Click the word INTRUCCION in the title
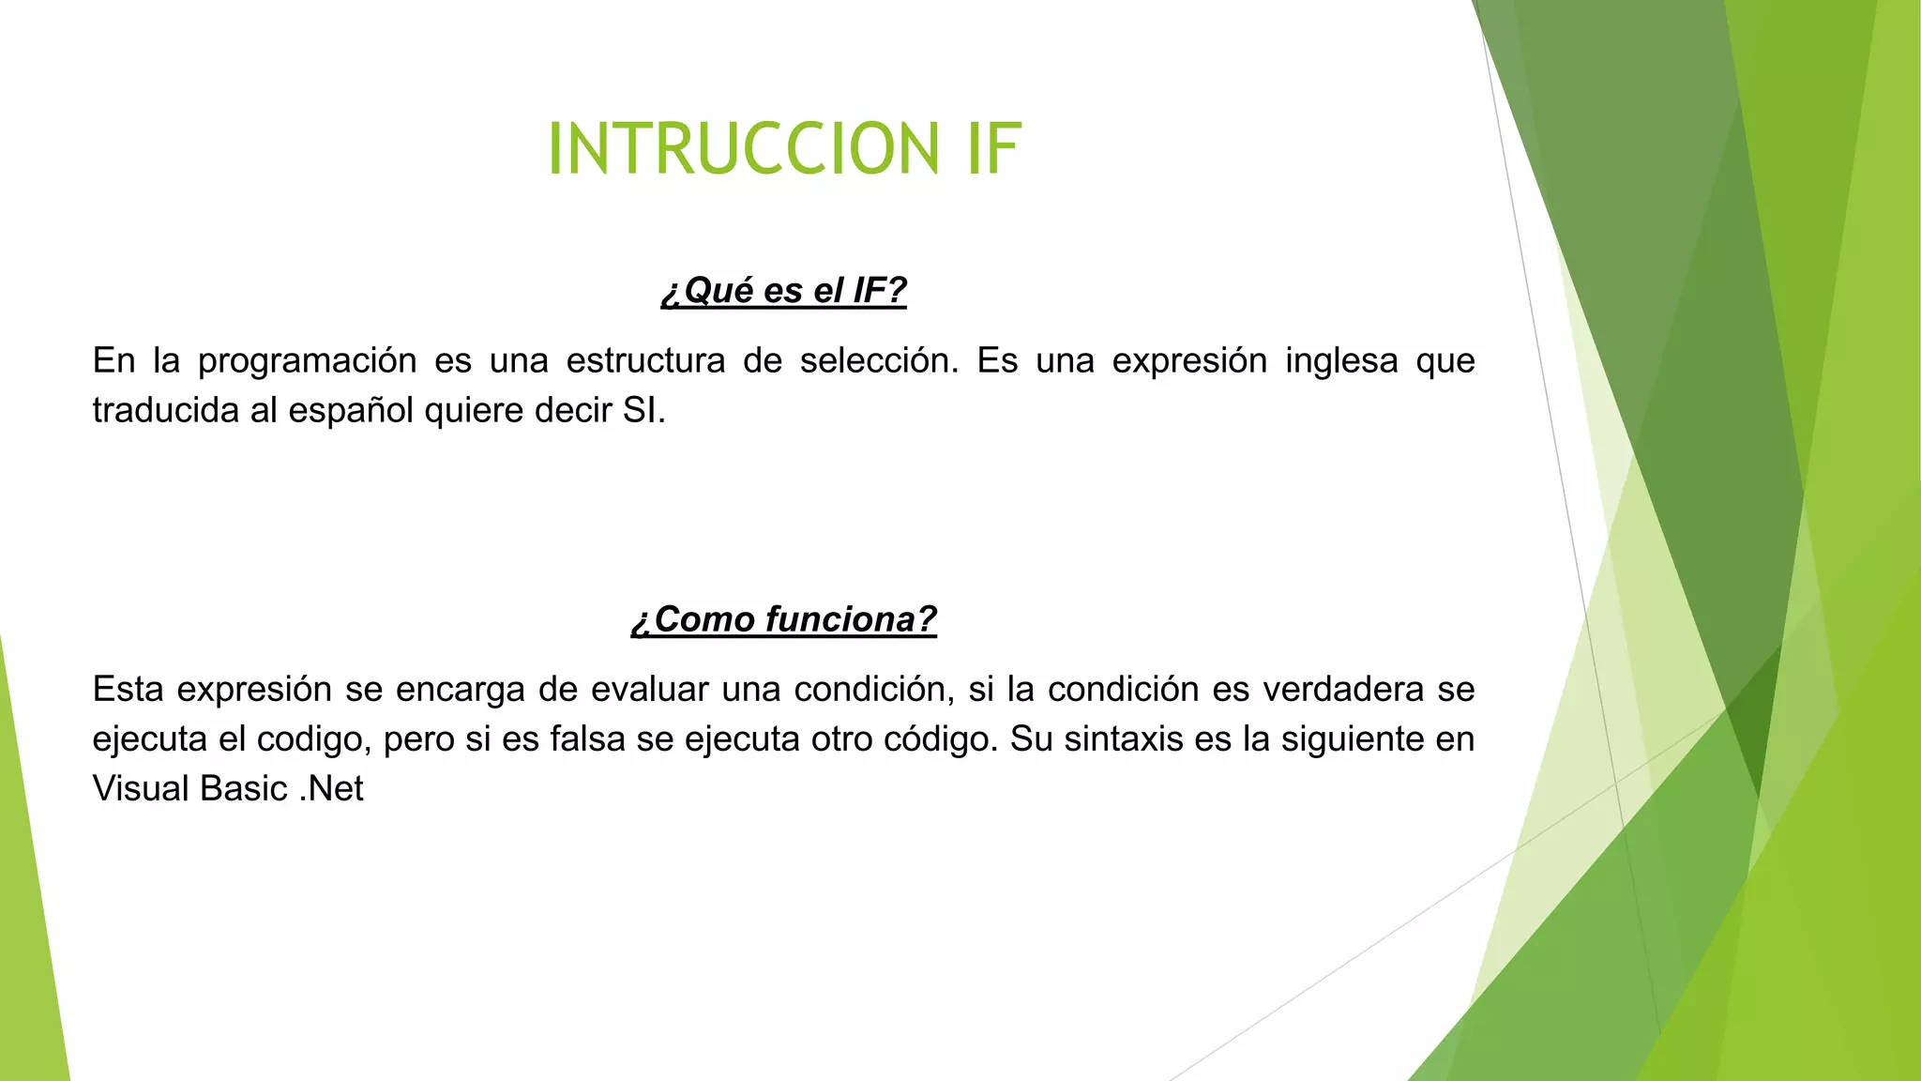point(743,149)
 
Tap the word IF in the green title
point(993,149)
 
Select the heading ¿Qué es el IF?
point(783,291)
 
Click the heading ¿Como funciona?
point(783,619)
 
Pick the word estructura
point(645,360)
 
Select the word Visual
point(140,788)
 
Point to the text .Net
point(331,788)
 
